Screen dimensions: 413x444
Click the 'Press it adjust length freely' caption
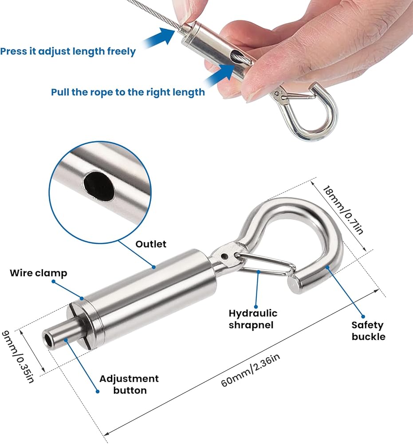(68, 52)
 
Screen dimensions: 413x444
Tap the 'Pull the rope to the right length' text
(128, 92)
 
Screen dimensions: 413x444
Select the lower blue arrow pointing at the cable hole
(220, 75)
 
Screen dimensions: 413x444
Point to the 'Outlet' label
(151, 244)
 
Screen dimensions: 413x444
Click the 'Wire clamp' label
(39, 273)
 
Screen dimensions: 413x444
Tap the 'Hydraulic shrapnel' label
(253, 319)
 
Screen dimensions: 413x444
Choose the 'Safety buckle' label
(368, 331)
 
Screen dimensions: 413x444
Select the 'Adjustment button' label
(129, 385)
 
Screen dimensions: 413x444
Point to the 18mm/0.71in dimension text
(343, 210)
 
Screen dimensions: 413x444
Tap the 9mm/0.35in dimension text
(17, 357)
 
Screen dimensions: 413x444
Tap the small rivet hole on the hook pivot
(224, 257)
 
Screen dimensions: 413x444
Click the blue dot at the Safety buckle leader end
(363, 317)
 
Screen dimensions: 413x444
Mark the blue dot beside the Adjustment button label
(98, 392)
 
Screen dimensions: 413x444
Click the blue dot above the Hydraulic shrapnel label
(256, 306)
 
